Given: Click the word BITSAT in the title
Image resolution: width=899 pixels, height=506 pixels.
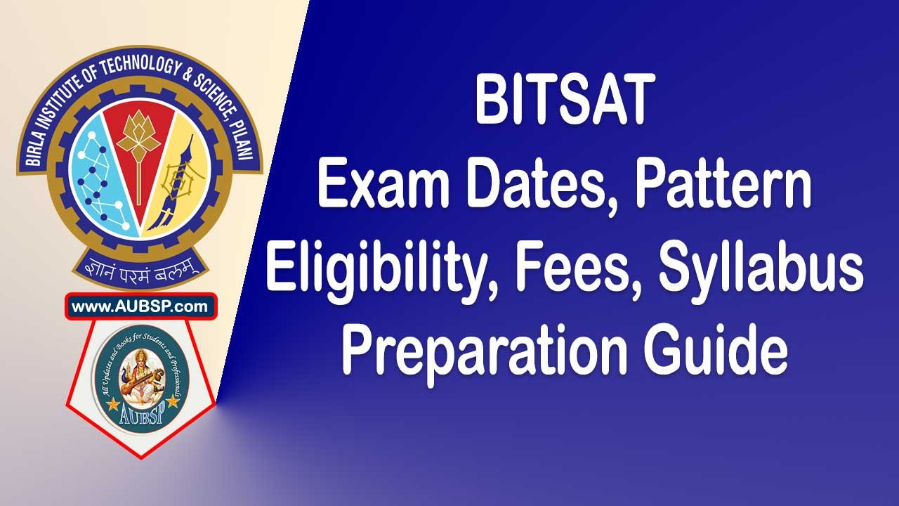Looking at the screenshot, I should pos(565,103).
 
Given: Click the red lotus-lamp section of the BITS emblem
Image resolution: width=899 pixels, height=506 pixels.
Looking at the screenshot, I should pos(138,155).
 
